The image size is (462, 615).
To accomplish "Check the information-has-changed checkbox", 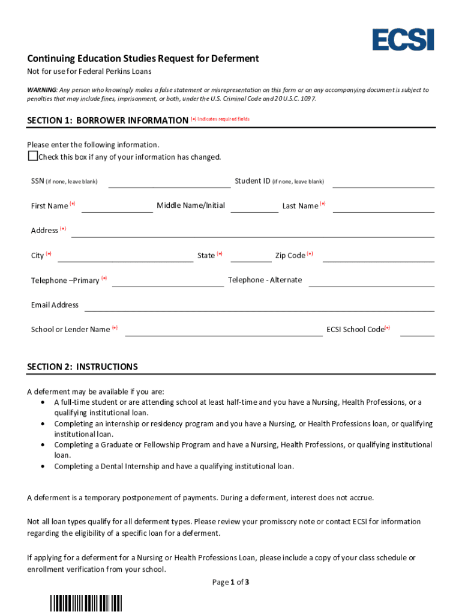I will (33, 157).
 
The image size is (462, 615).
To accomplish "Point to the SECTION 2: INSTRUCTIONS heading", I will (82, 367).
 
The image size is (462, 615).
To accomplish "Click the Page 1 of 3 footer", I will (231, 582).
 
